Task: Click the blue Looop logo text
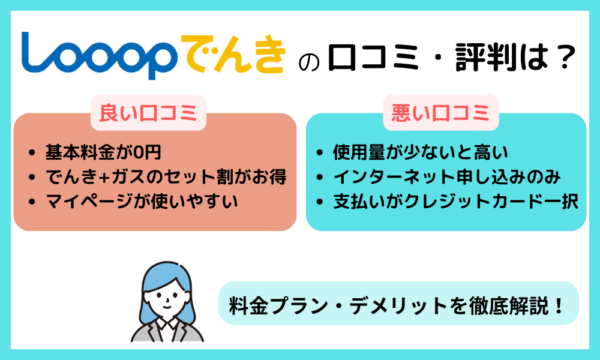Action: click(99, 56)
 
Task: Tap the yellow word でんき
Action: click(233, 54)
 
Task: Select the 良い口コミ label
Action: click(148, 113)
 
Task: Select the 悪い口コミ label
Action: click(441, 113)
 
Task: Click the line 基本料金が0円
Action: click(103, 152)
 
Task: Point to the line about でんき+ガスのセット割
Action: click(166, 177)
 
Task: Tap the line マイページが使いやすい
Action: click(142, 202)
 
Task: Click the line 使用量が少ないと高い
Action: click(420, 152)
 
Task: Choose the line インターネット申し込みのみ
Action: click(447, 177)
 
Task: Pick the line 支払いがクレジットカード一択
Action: click(455, 202)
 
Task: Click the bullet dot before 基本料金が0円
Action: click(32, 153)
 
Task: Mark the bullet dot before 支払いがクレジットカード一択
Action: click(320, 202)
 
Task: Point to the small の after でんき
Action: click(308, 62)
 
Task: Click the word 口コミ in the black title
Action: click(373, 58)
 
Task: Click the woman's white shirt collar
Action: click(167, 325)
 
